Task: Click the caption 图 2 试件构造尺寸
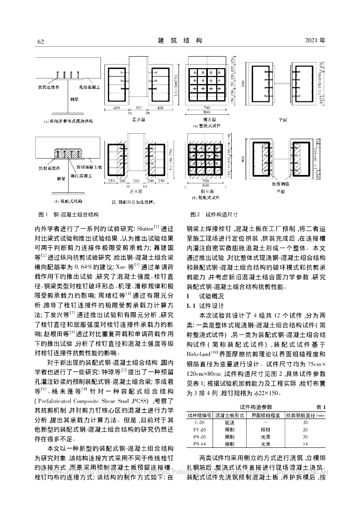pyautogui.click(x=214, y=214)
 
